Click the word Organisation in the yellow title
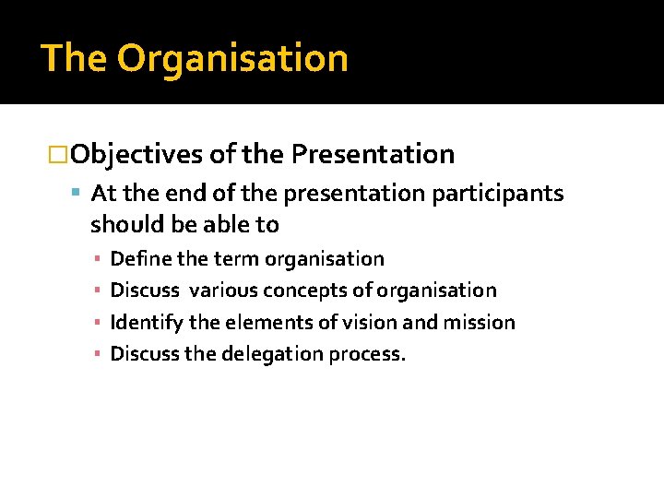[x=232, y=58]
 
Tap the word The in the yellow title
[x=74, y=58]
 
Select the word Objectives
[x=136, y=154]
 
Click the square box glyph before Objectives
[x=58, y=154]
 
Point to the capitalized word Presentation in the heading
[x=373, y=154]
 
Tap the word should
[x=124, y=224]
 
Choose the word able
[x=223, y=224]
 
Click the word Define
[x=136, y=258]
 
